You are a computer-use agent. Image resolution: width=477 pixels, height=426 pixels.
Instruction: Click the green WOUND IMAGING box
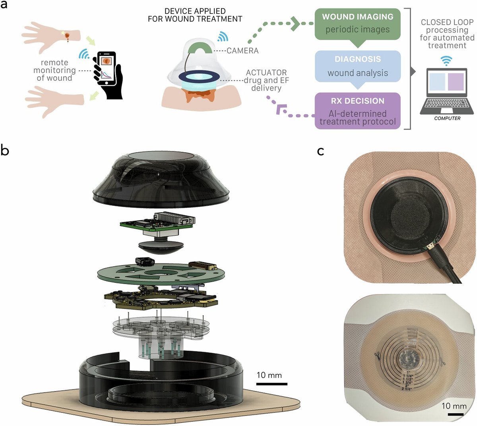pos(357,23)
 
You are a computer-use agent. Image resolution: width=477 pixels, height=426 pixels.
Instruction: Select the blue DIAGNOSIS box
pos(357,66)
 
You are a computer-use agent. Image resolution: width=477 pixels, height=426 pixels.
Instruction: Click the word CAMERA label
pos(242,51)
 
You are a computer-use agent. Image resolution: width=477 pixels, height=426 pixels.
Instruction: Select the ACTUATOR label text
pos(266,73)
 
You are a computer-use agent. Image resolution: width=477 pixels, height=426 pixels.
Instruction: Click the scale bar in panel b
pos(271,384)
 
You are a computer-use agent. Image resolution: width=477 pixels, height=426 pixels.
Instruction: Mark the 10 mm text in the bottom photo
pos(454,406)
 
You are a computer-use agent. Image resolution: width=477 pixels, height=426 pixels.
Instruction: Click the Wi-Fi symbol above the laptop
pos(447,60)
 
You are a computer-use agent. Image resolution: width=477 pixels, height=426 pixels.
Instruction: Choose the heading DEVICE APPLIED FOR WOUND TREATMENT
pos(195,15)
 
